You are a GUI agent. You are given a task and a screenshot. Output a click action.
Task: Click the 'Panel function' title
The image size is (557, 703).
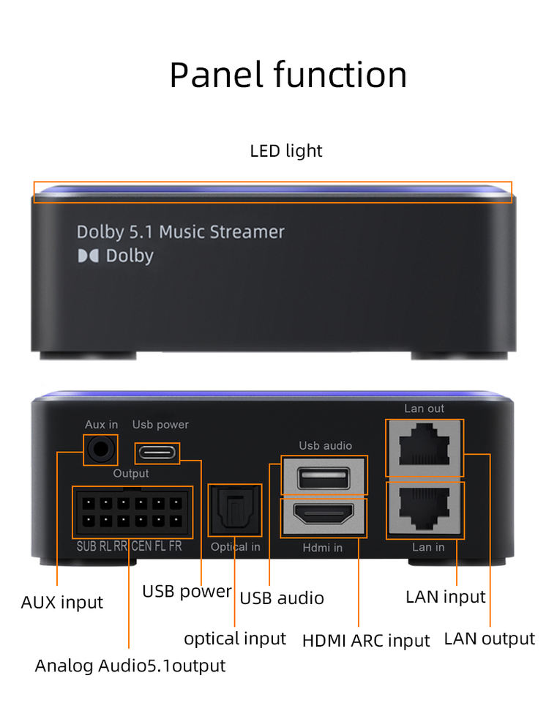coord(288,75)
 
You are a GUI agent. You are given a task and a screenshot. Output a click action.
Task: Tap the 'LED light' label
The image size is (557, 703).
coord(285,151)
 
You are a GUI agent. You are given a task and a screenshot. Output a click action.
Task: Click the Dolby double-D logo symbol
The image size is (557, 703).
coord(88,256)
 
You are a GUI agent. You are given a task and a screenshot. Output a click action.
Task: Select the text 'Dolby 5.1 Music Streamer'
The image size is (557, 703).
coord(180,232)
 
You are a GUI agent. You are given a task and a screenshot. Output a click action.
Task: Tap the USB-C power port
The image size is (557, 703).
coord(156,452)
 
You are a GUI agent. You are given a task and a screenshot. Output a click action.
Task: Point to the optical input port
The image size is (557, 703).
coord(234,510)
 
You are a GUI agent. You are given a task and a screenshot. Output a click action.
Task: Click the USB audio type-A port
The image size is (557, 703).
coord(324,477)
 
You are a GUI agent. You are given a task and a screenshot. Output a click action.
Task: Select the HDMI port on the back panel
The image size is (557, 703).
coord(324,517)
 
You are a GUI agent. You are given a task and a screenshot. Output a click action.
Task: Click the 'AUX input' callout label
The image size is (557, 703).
coord(62,603)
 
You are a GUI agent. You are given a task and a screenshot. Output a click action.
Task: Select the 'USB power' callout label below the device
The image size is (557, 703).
coord(187,591)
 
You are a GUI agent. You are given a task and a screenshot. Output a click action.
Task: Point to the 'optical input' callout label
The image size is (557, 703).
coord(235,639)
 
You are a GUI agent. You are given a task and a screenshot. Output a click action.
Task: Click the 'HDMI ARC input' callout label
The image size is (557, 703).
coord(366,641)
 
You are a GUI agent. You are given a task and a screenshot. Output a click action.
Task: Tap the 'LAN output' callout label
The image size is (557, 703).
coord(489,639)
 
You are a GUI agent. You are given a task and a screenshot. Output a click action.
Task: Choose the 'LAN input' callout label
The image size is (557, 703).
coord(445,597)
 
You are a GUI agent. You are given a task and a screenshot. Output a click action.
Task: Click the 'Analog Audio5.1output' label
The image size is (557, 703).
coord(130,666)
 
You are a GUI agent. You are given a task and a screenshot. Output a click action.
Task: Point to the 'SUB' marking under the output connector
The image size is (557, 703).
coord(86,546)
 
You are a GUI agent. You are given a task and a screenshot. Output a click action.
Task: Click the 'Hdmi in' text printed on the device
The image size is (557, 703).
coord(323,547)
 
